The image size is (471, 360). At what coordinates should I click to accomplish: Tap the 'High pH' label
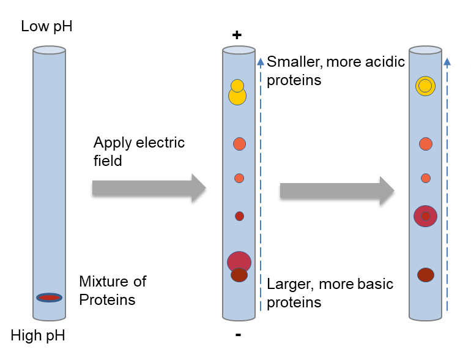coord(38,335)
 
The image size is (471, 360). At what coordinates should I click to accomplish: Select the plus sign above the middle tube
coord(237,35)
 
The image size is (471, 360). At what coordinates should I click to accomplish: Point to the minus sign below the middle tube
coord(238,335)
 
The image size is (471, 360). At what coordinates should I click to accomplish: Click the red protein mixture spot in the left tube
coord(49,298)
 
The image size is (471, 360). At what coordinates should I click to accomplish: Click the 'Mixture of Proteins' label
coord(113,291)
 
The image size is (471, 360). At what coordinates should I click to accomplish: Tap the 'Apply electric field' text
coord(139,151)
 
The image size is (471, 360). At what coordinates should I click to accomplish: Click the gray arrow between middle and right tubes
coord(337,191)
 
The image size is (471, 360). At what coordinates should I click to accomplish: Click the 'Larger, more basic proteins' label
coord(330,293)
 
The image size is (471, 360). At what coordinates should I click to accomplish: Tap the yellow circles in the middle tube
coord(237,93)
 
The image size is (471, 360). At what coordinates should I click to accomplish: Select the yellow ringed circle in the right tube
coord(425,86)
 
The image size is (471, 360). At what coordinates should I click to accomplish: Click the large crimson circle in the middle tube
coord(239,261)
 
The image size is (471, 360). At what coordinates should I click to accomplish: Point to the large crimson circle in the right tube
coord(425,216)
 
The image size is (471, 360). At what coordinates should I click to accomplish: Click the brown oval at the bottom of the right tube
coord(426,275)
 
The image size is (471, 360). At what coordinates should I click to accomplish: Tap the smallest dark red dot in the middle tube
coord(239,216)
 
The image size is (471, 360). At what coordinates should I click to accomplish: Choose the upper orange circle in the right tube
coord(426,144)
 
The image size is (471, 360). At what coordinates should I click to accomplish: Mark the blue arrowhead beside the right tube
coord(447,62)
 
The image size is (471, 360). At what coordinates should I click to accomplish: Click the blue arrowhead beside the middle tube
coord(261,62)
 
